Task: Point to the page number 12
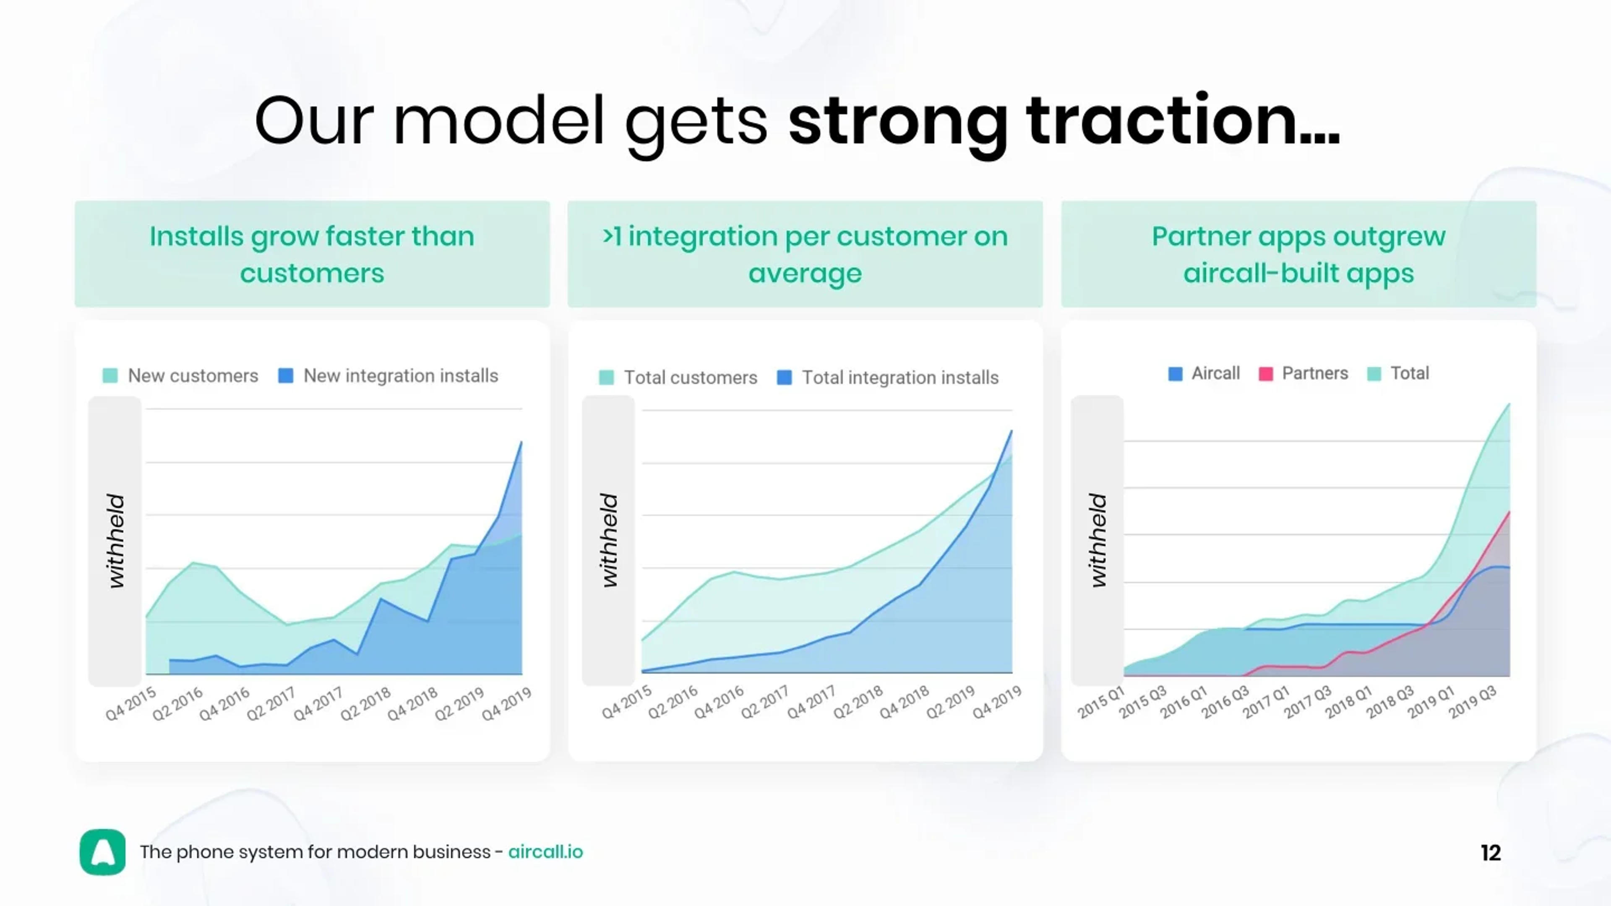1490,853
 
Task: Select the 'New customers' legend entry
181,376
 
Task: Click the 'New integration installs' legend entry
388,376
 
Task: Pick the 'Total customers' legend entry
678,377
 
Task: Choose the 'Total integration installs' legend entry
888,377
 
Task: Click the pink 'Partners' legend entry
1303,373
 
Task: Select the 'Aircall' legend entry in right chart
1204,373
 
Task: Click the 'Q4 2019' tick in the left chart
506,703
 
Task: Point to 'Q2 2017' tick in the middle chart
764,702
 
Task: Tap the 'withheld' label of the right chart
1097,540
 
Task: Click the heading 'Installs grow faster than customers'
312,255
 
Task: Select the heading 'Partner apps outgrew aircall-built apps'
1298,255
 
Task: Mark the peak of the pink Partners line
1509,512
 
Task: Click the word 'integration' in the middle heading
702,236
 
